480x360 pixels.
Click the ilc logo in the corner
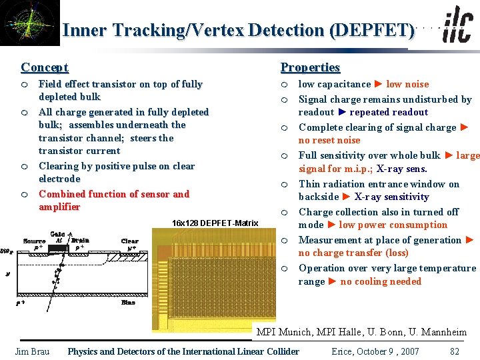coord(457,26)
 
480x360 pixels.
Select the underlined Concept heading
coord(45,67)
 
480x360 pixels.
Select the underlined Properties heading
coord(310,67)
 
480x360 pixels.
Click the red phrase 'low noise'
coord(407,84)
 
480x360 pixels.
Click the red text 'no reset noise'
coord(329,140)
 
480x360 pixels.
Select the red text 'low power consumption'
coord(393,225)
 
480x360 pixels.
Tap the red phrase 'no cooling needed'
coord(381,281)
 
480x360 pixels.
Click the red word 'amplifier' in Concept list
coord(59,207)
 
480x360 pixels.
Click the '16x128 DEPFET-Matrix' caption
coord(215,223)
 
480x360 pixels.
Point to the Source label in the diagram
coord(34,241)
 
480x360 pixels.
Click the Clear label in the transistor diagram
coord(129,241)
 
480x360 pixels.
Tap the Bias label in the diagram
coord(128,302)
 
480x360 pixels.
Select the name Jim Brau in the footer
coord(32,351)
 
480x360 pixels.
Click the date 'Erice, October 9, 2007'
coord(375,351)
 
